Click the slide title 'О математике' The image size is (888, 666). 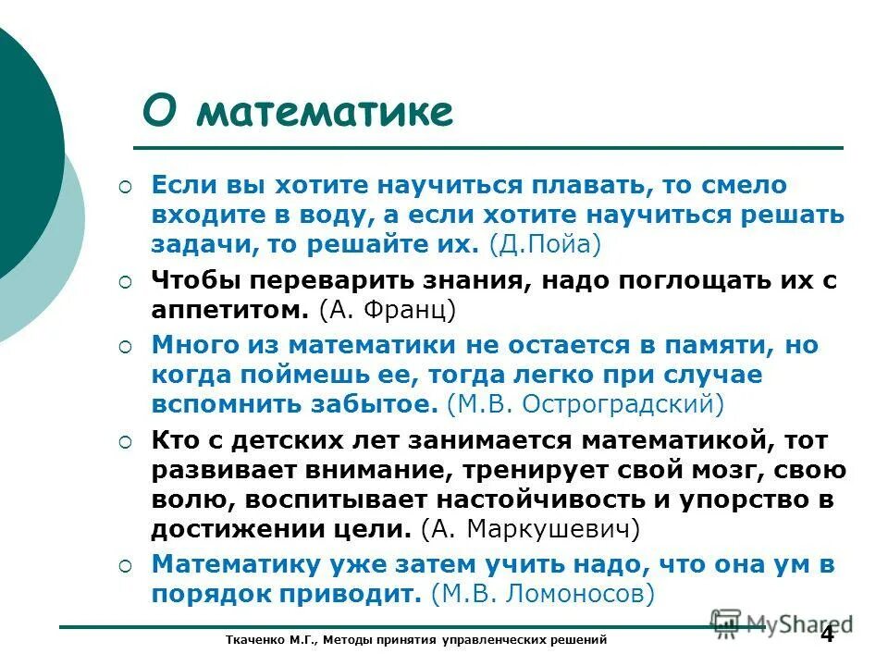(298, 114)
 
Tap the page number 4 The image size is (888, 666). (827, 635)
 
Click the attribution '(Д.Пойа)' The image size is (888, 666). (546, 245)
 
